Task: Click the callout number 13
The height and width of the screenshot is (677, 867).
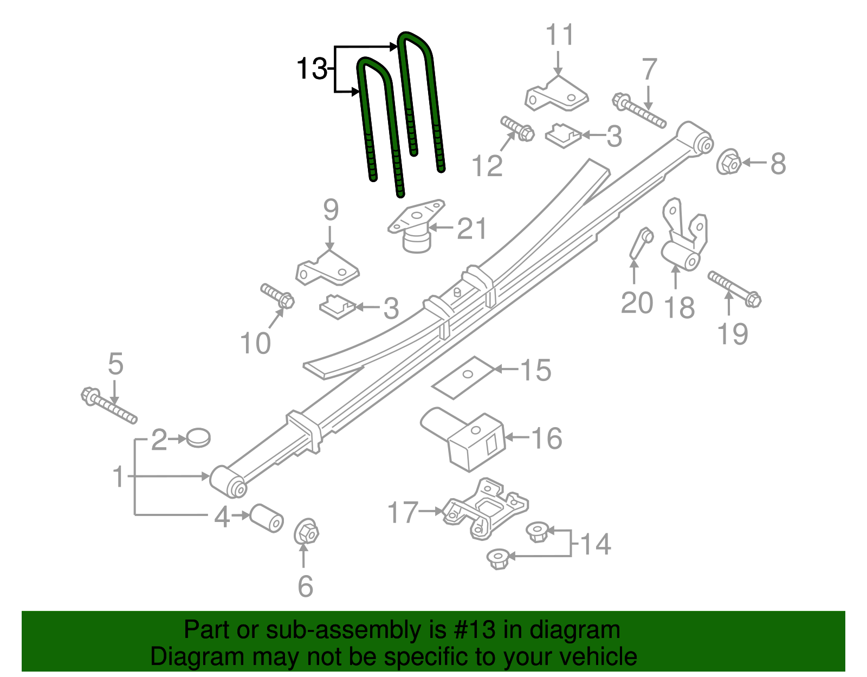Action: point(311,69)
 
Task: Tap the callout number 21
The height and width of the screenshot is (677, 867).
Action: point(471,229)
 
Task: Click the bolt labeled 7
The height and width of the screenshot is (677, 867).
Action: point(639,111)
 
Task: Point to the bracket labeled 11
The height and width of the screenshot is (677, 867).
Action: point(557,94)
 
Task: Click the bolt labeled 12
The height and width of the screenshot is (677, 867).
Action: point(517,128)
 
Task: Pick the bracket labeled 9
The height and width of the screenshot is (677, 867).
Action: point(327,268)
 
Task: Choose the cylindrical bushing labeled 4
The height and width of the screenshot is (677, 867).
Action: point(266,518)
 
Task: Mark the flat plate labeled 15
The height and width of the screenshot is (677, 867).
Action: point(463,377)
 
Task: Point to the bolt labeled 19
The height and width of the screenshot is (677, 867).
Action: point(734,289)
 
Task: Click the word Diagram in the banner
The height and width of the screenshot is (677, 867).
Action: point(196,657)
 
